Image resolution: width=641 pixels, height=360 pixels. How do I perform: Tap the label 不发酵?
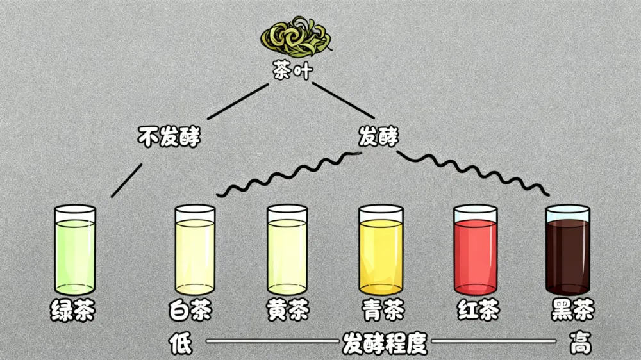(x=169, y=136)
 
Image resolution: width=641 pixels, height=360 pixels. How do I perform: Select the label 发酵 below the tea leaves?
(x=379, y=136)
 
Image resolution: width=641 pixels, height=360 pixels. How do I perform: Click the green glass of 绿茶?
(x=75, y=250)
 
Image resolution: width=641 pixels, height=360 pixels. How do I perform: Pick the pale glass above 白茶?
(x=194, y=250)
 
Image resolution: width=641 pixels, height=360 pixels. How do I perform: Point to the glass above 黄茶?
(x=287, y=250)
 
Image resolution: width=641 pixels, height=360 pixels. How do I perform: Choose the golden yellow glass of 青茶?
(x=381, y=250)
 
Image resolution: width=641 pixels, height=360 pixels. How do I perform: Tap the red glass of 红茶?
(x=475, y=250)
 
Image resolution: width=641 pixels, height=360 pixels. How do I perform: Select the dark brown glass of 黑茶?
(x=567, y=250)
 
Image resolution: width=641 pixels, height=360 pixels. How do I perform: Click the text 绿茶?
(x=74, y=311)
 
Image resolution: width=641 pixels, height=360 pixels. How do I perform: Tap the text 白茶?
(x=191, y=311)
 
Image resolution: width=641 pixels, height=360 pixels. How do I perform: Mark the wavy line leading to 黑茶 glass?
(x=474, y=170)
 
